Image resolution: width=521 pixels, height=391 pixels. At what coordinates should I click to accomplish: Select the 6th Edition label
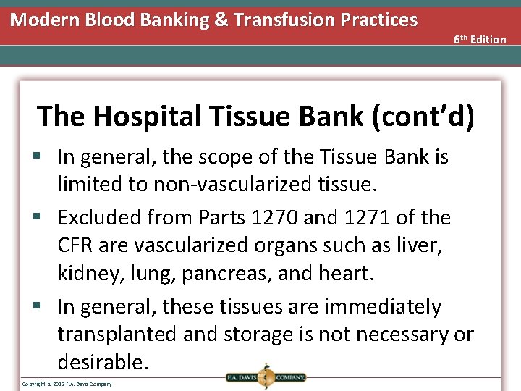(480, 39)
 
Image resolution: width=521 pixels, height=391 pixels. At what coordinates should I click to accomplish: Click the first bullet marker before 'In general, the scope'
(45, 157)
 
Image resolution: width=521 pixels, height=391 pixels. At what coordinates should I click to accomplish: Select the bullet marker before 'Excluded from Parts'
(45, 217)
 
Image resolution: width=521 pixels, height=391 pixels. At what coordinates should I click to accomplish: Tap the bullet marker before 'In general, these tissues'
(45, 307)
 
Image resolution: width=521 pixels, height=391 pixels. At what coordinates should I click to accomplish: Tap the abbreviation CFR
(76, 246)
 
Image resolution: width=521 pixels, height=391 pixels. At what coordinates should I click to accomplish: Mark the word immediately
(383, 307)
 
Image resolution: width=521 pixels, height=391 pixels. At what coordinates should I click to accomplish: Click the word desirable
(103, 362)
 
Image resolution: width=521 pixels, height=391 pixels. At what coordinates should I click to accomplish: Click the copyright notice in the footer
(67, 384)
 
